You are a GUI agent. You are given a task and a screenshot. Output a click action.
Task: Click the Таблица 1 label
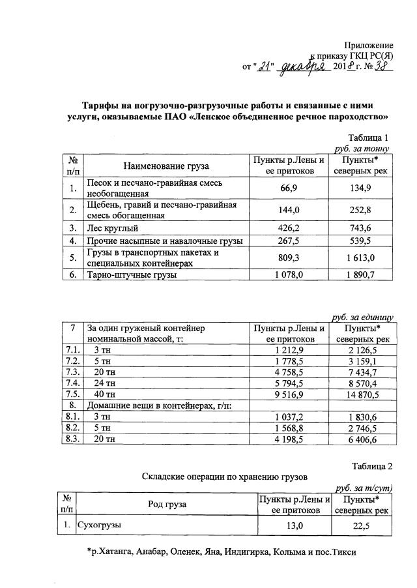(369, 138)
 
